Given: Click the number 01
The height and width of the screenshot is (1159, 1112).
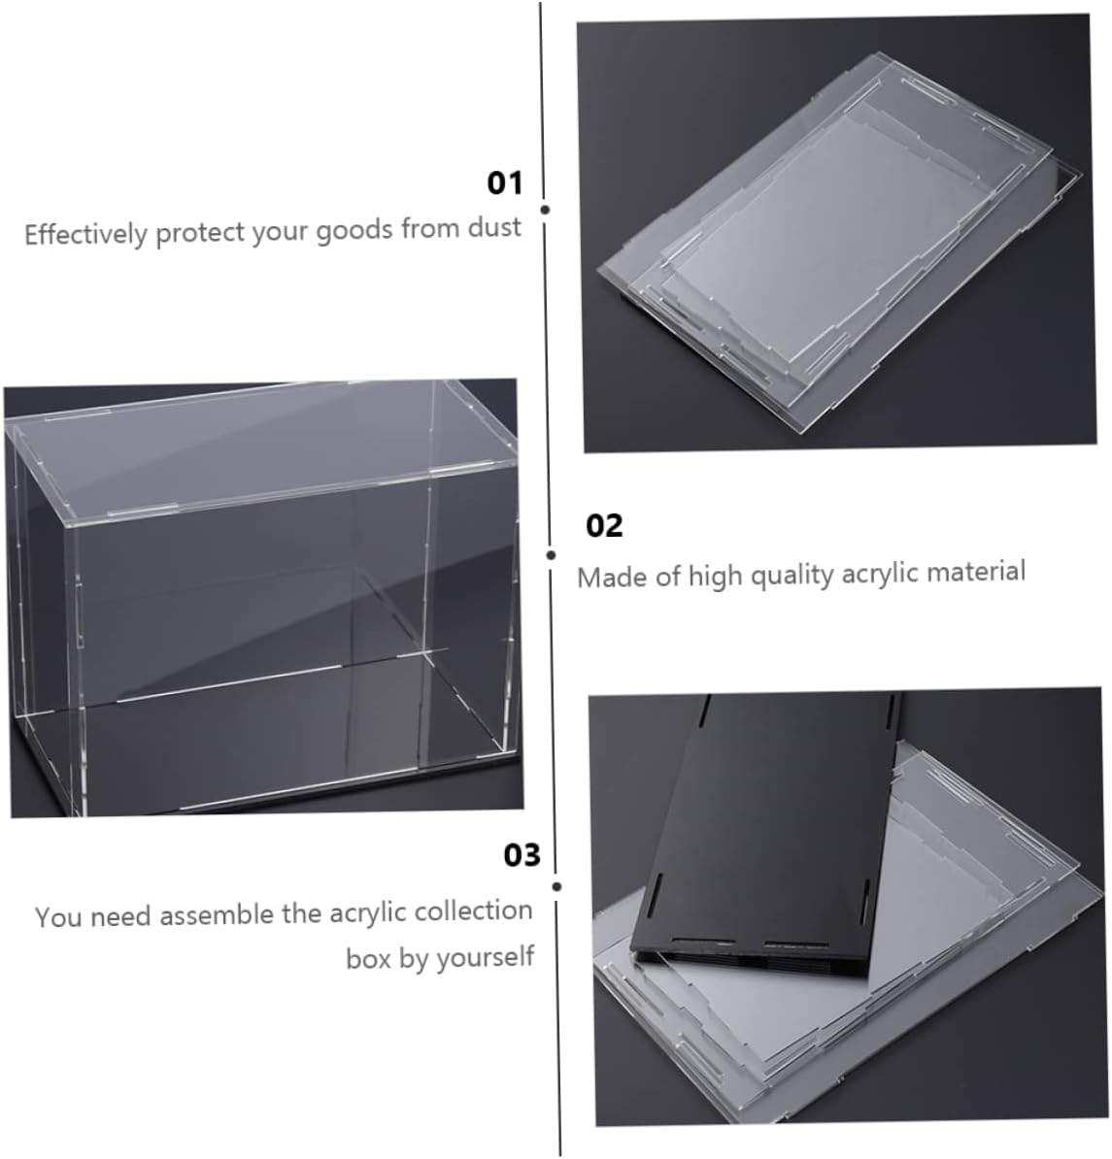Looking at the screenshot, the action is pos(505,183).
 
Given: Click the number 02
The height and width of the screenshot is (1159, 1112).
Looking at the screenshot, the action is pos(604,526).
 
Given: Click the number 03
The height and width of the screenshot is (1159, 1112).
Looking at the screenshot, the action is pos(522,855).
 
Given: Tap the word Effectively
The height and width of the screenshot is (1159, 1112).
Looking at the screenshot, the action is pos(85,234).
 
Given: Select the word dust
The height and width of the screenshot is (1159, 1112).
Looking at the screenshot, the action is pos(494,227).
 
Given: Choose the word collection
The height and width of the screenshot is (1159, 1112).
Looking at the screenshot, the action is pos(473,911).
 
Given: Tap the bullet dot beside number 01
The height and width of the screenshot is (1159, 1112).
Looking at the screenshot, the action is pos(545,210).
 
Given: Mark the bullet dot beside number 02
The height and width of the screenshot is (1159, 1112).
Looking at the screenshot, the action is pos(551,555).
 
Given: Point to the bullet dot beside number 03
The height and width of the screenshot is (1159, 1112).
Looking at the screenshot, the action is pos(556,886).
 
